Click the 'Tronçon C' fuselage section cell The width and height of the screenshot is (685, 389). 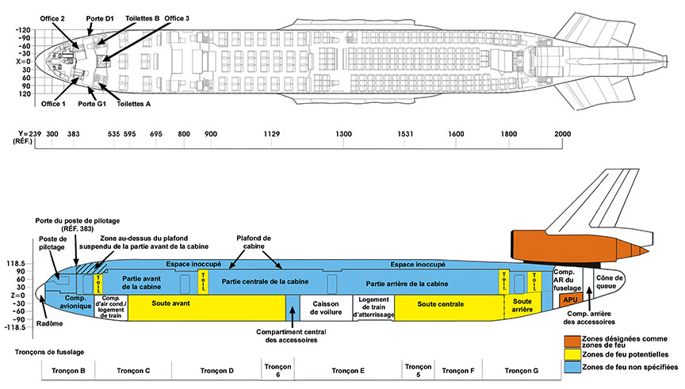(x=133, y=371)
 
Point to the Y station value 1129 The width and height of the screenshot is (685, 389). (x=272, y=135)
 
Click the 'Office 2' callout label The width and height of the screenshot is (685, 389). (x=52, y=17)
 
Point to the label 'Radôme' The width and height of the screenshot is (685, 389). (x=54, y=324)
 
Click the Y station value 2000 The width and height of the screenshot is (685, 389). (x=563, y=135)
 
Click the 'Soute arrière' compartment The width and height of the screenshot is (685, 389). (x=522, y=306)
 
